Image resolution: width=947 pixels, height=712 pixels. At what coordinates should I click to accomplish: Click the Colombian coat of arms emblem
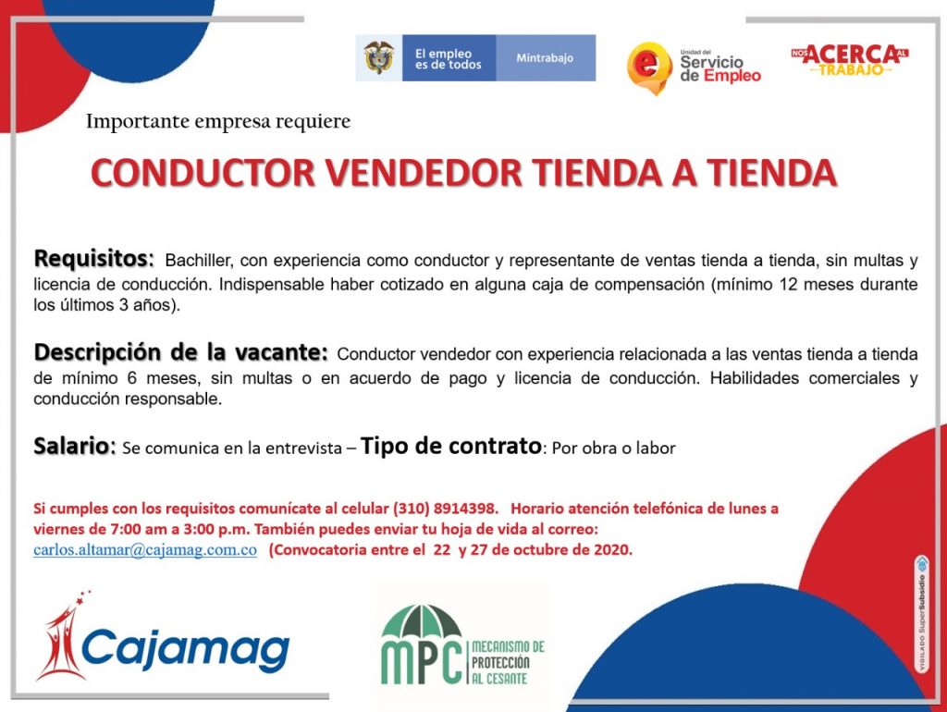coord(378,57)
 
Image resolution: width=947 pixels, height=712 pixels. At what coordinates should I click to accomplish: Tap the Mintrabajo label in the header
coord(545,58)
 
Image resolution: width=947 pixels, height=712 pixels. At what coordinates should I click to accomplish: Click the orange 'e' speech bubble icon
coord(649,67)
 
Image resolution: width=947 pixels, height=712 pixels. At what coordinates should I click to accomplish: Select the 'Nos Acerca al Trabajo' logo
coord(850,60)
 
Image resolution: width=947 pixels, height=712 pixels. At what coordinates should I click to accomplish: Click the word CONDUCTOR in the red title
coord(203,173)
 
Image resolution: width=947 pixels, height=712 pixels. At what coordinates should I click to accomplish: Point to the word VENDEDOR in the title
coord(424,173)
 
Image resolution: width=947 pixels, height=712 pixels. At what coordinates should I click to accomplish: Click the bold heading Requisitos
coord(93,259)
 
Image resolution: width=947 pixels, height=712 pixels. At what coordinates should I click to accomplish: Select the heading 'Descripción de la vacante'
coord(181,352)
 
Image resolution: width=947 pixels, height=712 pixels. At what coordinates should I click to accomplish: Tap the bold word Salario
coord(74,446)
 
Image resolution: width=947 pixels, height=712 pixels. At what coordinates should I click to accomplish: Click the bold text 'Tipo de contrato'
coord(451,446)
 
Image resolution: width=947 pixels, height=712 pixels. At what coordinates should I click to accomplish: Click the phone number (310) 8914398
coord(445,509)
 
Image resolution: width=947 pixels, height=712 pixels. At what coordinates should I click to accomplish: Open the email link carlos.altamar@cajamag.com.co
coord(145,550)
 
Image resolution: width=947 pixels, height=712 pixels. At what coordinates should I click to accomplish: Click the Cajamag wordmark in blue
coord(185,650)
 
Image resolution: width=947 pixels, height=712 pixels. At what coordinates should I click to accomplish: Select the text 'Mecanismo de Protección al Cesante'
coord(508,663)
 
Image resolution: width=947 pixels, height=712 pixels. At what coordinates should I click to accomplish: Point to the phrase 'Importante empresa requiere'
coord(218,121)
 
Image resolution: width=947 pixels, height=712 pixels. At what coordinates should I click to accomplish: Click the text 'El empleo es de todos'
coord(448,58)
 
